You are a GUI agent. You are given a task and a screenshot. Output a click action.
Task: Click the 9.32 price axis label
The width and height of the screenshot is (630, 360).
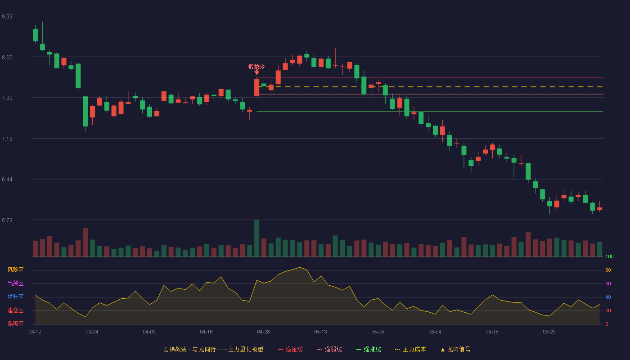point(7,17)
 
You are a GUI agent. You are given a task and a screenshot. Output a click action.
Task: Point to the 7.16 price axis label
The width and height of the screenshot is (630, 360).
point(7,139)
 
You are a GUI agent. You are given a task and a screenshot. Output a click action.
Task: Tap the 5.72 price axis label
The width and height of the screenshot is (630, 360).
point(7,220)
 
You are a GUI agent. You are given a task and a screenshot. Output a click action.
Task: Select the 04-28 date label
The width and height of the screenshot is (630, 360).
point(263,332)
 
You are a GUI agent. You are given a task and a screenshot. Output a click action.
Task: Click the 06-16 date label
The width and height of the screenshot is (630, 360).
point(492,332)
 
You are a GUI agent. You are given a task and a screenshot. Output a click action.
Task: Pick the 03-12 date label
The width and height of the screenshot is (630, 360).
point(35,332)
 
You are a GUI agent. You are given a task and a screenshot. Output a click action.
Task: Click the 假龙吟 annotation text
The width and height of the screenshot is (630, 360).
point(256,67)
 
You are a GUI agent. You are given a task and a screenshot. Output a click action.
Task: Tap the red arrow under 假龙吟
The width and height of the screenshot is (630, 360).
point(256,72)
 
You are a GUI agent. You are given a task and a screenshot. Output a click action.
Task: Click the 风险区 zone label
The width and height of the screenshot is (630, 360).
point(15,270)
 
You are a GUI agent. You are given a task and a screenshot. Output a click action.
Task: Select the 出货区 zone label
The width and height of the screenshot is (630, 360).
point(15,283)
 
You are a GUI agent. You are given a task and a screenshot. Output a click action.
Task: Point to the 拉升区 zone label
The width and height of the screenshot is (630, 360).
point(15,297)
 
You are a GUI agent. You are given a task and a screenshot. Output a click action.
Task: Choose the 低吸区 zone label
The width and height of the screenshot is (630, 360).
point(15,324)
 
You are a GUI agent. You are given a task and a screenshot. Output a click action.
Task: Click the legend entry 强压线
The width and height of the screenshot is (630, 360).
point(291,349)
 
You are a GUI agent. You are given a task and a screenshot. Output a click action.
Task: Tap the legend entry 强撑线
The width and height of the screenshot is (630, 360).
point(369,349)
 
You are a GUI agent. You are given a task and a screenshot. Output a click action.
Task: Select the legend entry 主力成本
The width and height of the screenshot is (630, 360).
point(410,349)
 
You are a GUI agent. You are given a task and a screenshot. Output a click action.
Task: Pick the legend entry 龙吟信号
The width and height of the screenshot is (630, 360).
point(455,349)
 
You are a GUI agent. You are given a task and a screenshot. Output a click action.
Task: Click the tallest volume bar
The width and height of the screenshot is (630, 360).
point(257,238)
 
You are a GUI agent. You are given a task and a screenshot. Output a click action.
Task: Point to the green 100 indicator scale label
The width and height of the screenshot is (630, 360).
point(609,256)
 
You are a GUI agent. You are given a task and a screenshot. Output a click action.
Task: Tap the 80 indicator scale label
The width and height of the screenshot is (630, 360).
point(608,270)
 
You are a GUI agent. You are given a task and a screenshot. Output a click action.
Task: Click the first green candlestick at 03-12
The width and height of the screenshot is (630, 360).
point(35,35)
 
